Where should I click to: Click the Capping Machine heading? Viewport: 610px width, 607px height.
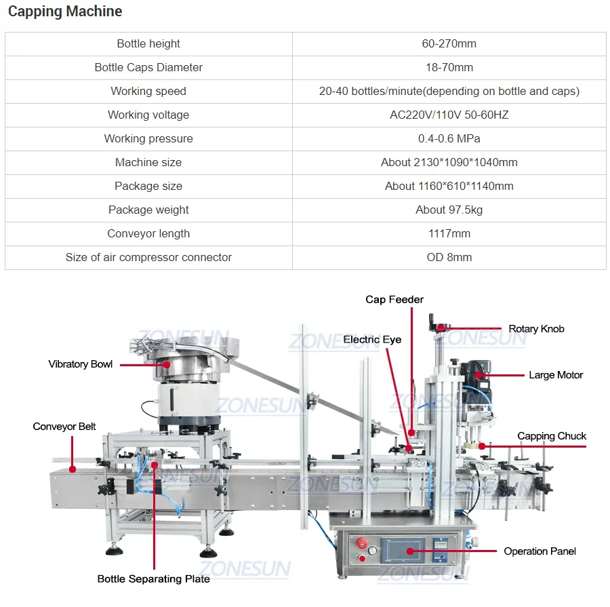point(65,12)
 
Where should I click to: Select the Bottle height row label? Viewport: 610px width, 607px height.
point(148,43)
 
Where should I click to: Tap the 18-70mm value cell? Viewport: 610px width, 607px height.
point(449,67)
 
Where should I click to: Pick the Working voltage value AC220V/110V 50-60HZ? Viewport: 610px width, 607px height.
point(449,115)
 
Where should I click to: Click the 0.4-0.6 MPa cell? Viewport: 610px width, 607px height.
point(449,138)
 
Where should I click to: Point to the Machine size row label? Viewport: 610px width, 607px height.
point(148,162)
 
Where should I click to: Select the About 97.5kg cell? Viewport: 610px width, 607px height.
point(449,210)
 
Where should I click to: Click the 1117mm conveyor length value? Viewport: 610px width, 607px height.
point(449,233)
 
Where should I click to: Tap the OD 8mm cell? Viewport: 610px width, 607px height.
point(449,257)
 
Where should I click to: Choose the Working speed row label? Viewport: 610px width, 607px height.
point(148,91)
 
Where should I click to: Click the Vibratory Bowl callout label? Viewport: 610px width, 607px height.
point(81,364)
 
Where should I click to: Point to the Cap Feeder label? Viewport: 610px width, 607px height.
point(394,299)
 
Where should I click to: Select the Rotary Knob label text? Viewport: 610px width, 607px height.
point(536,329)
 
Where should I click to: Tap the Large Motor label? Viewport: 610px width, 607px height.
point(556,375)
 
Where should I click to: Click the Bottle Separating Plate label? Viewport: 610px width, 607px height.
point(153,579)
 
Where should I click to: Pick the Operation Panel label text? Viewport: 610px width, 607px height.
point(540,551)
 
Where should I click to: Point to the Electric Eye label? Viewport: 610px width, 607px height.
point(372,339)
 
